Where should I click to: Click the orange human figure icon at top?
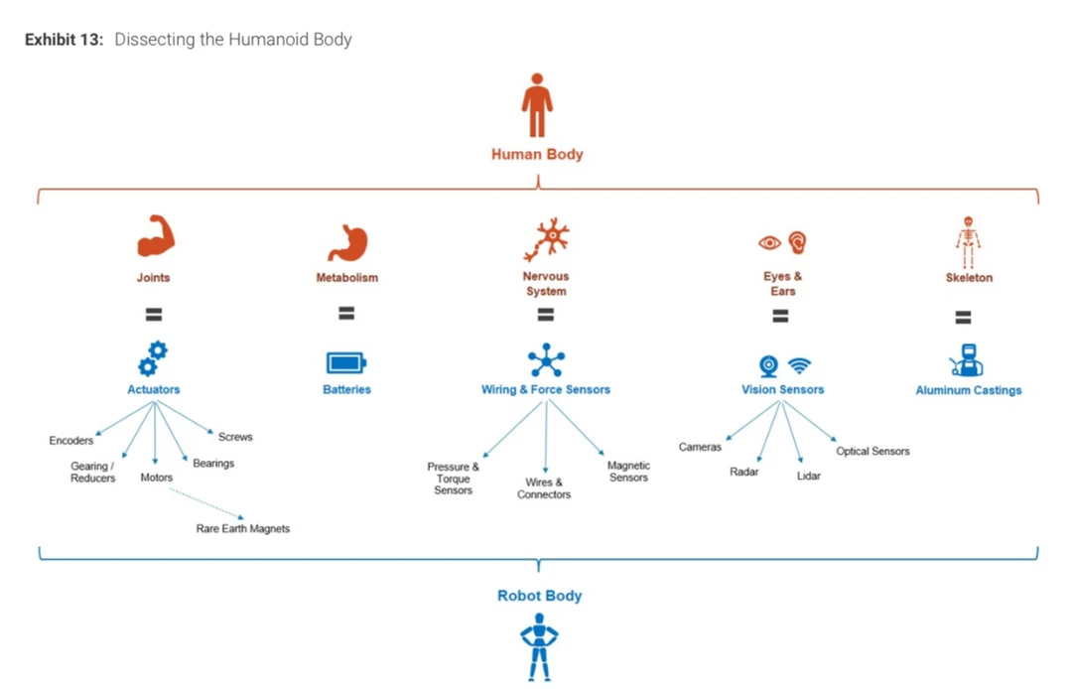[537, 105]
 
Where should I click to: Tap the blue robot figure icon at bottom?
[539, 646]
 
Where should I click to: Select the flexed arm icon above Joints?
[156, 236]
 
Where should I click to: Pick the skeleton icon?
[968, 241]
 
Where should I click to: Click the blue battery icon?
[346, 362]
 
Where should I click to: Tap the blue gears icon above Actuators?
[153, 359]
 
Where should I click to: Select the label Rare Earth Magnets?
[243, 529]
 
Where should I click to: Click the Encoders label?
[71, 441]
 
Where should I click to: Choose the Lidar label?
[809, 477]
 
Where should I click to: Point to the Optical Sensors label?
[872, 452]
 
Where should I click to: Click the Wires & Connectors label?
[544, 488]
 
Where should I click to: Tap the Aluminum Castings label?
[968, 391]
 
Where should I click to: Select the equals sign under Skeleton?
[963, 318]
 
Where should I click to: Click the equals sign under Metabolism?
[346, 313]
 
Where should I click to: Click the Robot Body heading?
[539, 596]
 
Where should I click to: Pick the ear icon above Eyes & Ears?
[797, 241]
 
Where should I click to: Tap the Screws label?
[235, 437]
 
